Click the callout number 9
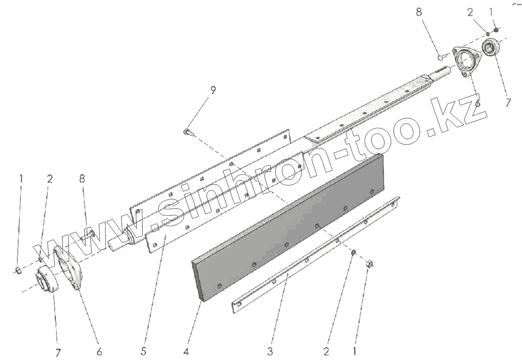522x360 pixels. tap(213, 90)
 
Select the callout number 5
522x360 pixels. tap(143, 351)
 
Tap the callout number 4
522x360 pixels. tap(186, 351)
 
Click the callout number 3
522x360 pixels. tap(270, 351)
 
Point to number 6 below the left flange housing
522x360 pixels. tap(100, 351)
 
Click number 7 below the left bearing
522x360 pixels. tap(58, 352)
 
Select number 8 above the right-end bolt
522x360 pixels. tap(419, 12)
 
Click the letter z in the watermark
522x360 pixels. tap(474, 108)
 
